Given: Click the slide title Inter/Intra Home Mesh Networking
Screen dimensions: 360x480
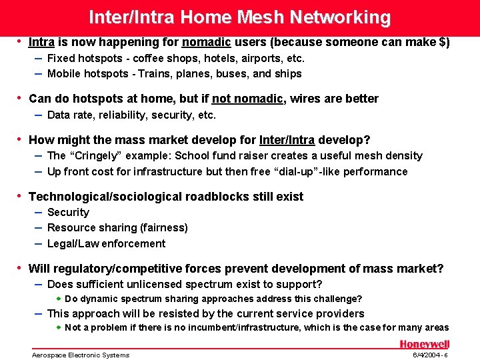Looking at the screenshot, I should click(239, 17).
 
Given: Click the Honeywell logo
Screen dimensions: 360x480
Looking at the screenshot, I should click(424, 344).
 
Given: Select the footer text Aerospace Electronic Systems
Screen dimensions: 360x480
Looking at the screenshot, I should click(81, 355).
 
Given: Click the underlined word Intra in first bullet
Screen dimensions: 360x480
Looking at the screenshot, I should click(41, 42).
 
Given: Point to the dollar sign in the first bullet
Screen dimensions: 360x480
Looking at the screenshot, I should click(442, 42).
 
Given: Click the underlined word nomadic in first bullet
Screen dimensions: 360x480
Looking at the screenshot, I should click(206, 42).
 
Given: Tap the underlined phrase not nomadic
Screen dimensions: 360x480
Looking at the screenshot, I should click(248, 99).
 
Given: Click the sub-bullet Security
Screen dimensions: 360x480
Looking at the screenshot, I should click(68, 212).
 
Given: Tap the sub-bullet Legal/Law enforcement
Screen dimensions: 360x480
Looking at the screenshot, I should click(106, 243).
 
